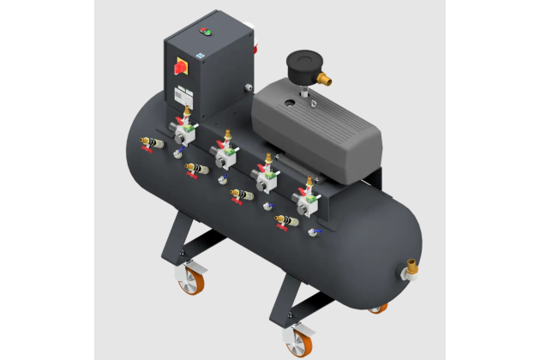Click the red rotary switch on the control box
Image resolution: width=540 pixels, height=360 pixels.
181,68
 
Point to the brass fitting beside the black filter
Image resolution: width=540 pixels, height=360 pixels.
325,79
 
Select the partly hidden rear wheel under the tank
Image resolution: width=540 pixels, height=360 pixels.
377,308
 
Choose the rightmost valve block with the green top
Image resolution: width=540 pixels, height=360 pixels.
306,201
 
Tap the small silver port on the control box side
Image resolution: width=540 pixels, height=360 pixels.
248,87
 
